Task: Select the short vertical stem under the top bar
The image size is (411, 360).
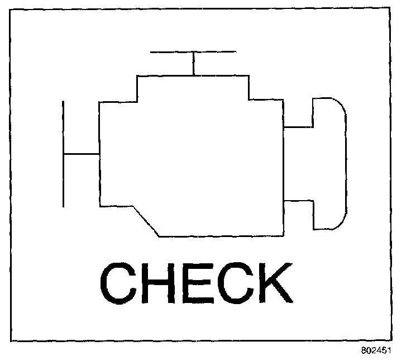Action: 193,64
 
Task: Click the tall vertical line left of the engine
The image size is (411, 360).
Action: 63,154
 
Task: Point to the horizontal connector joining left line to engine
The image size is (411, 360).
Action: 81,153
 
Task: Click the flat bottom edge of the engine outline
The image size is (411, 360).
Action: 221,236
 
